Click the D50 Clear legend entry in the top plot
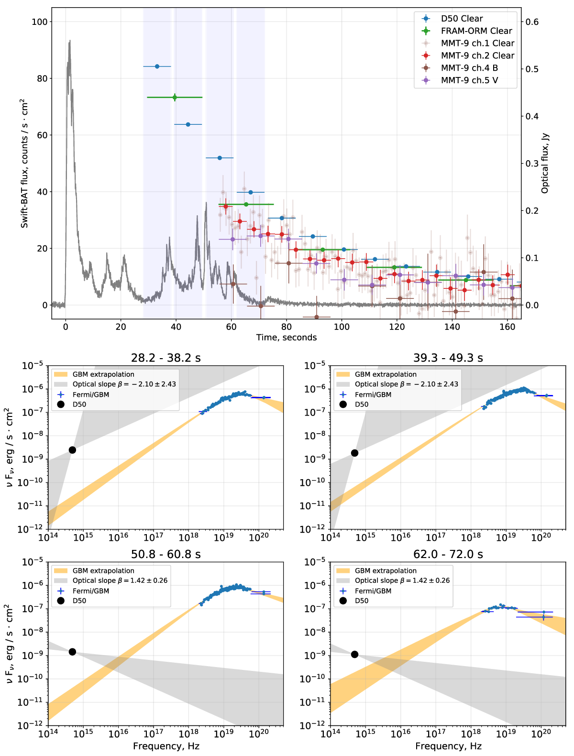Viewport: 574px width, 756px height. coord(462,19)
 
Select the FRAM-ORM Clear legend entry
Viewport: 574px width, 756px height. coord(476,31)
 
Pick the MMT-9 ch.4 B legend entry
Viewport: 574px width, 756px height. coord(469,68)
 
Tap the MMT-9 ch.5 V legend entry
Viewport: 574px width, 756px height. coord(469,80)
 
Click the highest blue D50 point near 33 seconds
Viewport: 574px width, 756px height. coord(157,66)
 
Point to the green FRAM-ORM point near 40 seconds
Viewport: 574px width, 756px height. coord(175,98)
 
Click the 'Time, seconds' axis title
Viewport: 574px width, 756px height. coord(286,338)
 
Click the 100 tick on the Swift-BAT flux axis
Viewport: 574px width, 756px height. coord(40,22)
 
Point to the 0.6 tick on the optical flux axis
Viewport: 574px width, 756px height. coord(532,22)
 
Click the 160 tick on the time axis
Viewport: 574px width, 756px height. coord(507,327)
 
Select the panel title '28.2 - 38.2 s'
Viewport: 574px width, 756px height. coord(166,358)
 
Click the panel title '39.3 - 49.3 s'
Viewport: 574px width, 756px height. coord(448,358)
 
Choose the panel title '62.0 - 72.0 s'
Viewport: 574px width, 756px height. coord(448,554)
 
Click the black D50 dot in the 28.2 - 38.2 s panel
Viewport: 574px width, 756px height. coord(72,450)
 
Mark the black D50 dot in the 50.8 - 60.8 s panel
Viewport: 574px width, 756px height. coord(72,652)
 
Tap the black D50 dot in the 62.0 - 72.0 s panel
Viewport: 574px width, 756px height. coord(354,654)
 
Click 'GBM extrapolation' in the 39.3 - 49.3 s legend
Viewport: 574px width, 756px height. coord(386,374)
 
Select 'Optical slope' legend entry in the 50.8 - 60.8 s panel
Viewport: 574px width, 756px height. coord(120,581)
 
